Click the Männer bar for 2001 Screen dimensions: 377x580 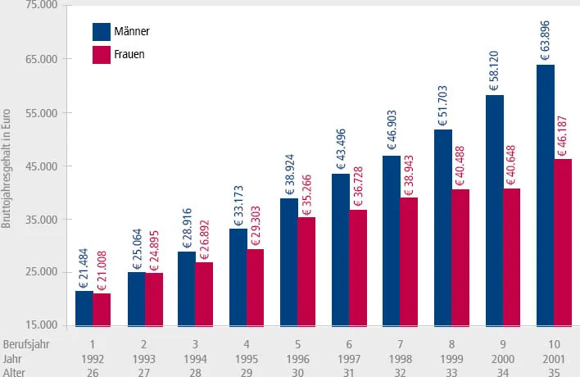coord(546,195)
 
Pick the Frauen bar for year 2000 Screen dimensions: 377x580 coord(513,257)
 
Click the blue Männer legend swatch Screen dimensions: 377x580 coord(101,31)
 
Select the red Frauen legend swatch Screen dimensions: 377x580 coord(101,55)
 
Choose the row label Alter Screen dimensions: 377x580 coord(14,370)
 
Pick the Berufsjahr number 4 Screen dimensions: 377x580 coord(247,343)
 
